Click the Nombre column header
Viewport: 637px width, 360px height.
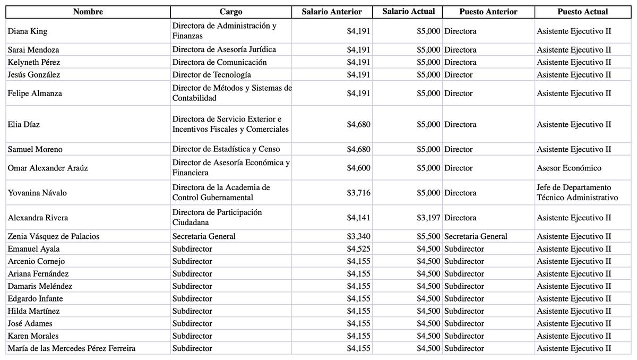[x=88, y=12]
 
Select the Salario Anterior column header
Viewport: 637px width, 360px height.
[x=332, y=12]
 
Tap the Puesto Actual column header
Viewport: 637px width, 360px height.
[x=582, y=12]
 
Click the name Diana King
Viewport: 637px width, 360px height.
[x=28, y=31]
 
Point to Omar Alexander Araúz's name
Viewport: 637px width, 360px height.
[x=48, y=168]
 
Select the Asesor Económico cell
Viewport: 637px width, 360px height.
[x=569, y=168]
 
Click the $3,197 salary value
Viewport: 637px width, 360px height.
[x=428, y=218]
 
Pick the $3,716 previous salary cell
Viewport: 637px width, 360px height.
[x=359, y=193]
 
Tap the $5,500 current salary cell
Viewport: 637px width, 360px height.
[x=428, y=237]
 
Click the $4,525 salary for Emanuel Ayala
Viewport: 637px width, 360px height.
[x=359, y=249]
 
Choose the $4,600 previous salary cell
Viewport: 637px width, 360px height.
[x=359, y=168]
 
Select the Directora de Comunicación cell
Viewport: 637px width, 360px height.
[x=219, y=62]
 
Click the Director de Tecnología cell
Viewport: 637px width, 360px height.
[x=212, y=75]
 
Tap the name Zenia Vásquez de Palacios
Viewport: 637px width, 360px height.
[x=54, y=237]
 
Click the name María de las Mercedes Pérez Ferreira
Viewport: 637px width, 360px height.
[x=72, y=349]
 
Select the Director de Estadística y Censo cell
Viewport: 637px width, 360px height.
[x=226, y=149]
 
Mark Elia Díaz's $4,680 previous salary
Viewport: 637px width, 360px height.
[x=359, y=125]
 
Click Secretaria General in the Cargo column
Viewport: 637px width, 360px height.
[x=204, y=237]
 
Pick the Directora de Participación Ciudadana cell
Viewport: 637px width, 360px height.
[x=218, y=218]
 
